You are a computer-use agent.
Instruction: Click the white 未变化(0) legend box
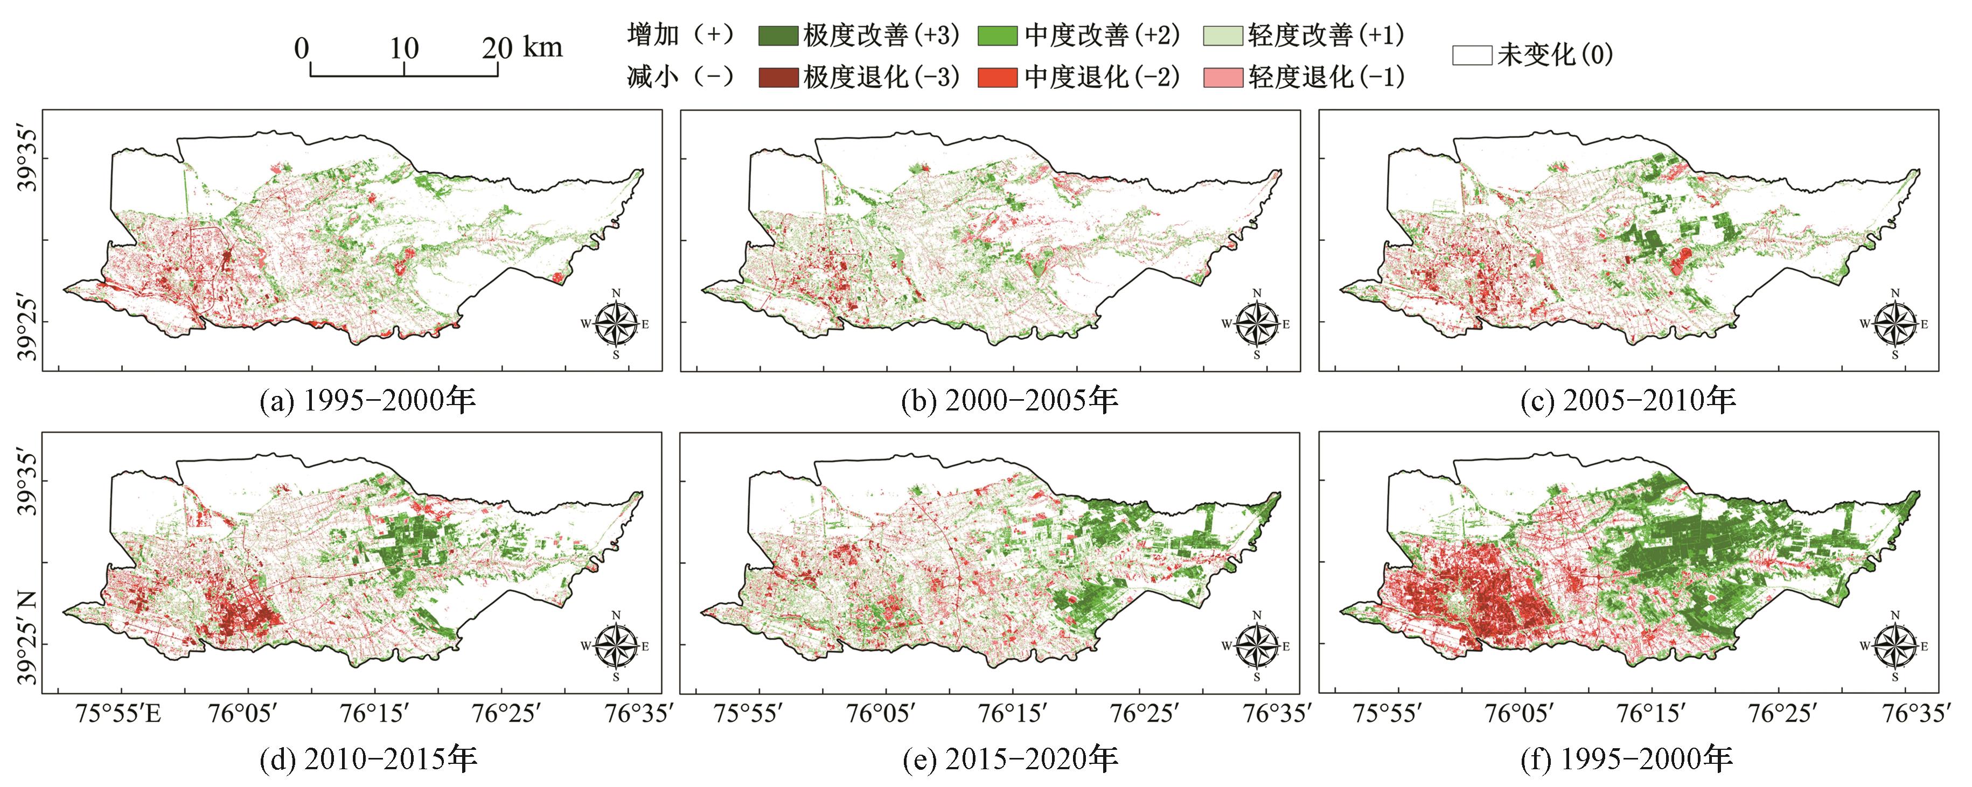1472,55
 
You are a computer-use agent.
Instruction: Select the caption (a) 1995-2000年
368,400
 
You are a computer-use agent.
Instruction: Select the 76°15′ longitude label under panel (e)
1011,714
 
